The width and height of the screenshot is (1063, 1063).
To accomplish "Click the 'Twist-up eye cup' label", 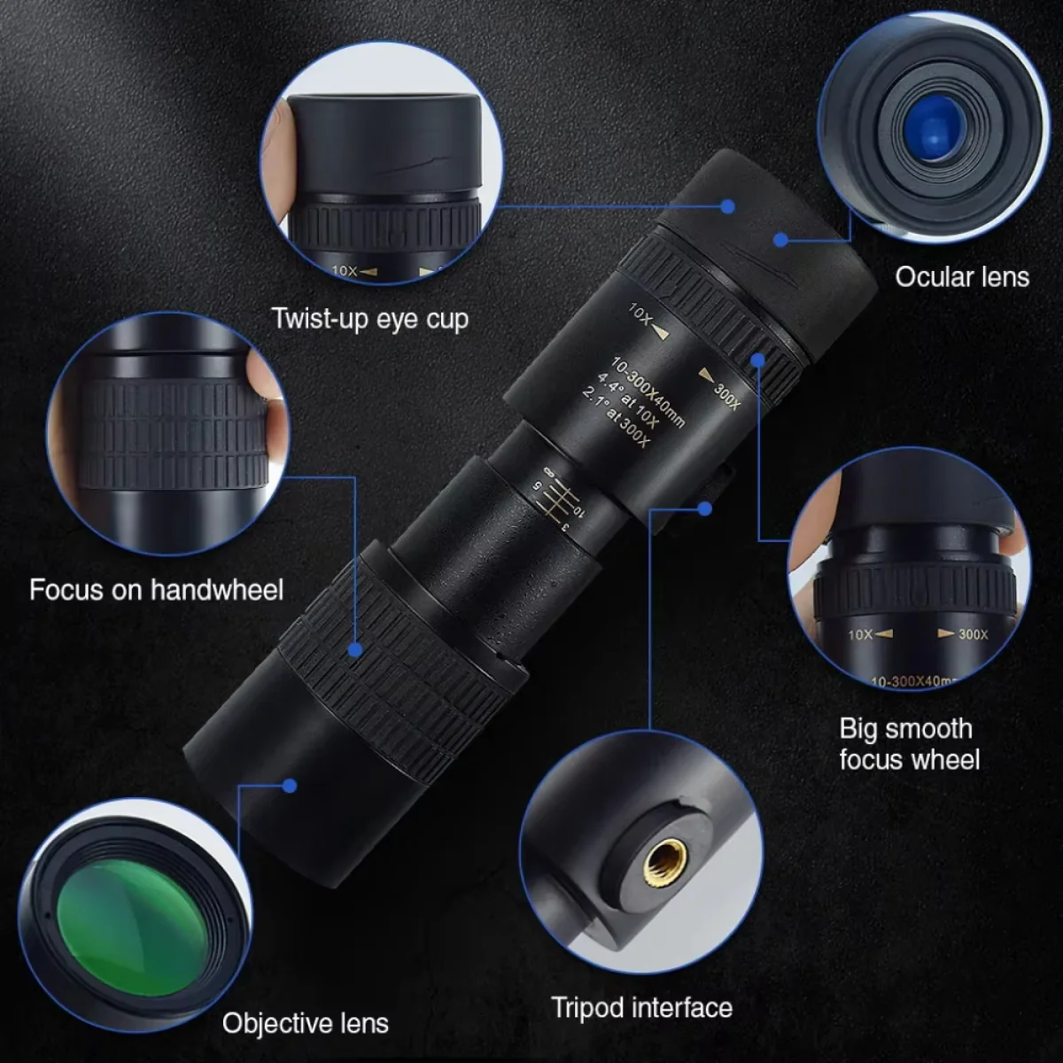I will click(369, 318).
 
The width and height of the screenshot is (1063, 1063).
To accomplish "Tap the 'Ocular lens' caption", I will click(961, 276).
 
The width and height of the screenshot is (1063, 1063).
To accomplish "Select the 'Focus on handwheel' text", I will click(156, 589).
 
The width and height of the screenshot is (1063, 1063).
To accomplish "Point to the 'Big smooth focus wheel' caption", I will click(908, 744).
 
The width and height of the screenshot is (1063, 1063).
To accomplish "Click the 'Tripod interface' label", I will click(641, 1007).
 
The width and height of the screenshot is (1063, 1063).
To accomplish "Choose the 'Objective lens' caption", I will click(305, 1023).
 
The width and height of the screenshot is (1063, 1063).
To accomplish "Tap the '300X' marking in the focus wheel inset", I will click(972, 634).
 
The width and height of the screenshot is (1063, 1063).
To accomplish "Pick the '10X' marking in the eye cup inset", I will click(345, 270).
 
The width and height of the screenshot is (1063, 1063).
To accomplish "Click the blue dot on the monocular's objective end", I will click(289, 785).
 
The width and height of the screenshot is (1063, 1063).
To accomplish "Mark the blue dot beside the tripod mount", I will click(705, 508).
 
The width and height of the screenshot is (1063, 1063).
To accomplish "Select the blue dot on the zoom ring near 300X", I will click(758, 359).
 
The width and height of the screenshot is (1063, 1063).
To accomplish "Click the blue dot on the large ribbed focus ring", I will click(355, 649).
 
